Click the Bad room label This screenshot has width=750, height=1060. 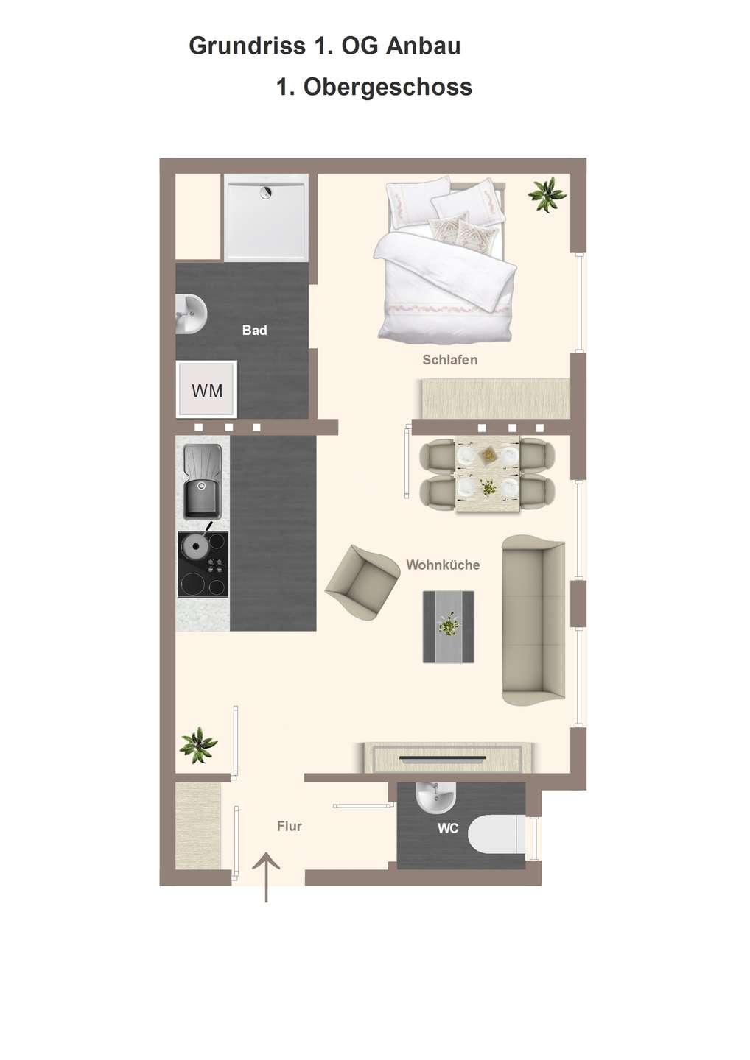[254, 330]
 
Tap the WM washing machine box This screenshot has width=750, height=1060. [206, 389]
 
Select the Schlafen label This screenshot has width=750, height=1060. [450, 360]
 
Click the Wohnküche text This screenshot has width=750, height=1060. [443, 565]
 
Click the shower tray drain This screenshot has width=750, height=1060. [266, 192]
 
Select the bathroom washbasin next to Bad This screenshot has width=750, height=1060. [192, 314]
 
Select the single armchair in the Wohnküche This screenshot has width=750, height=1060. [362, 582]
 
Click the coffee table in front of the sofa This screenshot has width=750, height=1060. [448, 626]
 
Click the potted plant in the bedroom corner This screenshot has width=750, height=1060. [547, 194]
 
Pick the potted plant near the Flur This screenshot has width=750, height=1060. [198, 745]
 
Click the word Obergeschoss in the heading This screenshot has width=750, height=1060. [388, 88]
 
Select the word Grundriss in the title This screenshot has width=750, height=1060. [247, 46]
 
